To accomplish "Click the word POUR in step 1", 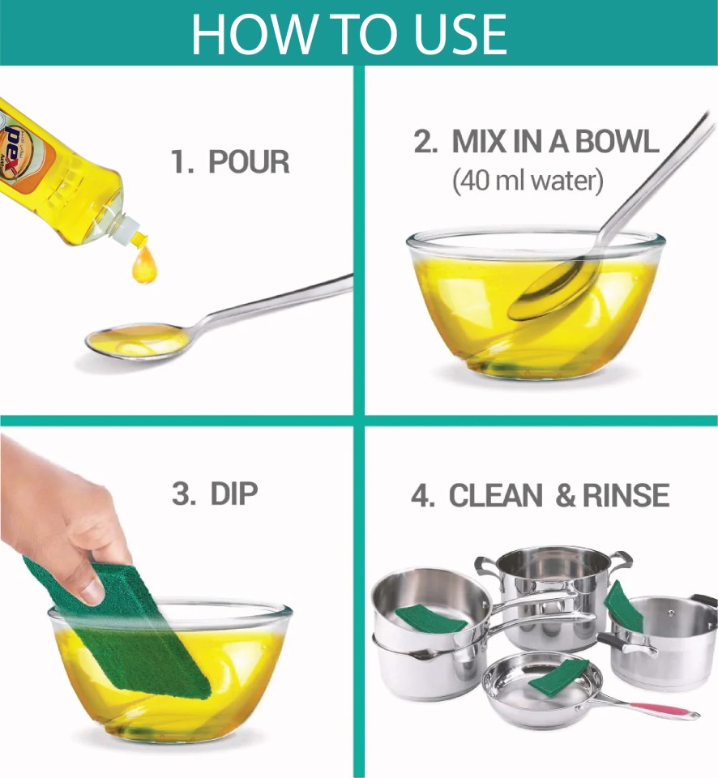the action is pyautogui.click(x=249, y=162).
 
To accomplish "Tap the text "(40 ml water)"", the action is pyautogui.click(x=528, y=181).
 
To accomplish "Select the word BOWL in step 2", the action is pyautogui.click(x=617, y=142).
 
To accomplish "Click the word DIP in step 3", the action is pyautogui.click(x=234, y=494).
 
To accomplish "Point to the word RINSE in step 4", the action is pyautogui.click(x=626, y=496).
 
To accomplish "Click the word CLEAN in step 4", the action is pyautogui.click(x=496, y=496).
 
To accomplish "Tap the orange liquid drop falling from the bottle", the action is pyautogui.click(x=144, y=265).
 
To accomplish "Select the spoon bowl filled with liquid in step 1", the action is pyautogui.click(x=138, y=340).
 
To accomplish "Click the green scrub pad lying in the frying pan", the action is pyautogui.click(x=558, y=675).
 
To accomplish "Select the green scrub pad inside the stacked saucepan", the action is pyautogui.click(x=430, y=618).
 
